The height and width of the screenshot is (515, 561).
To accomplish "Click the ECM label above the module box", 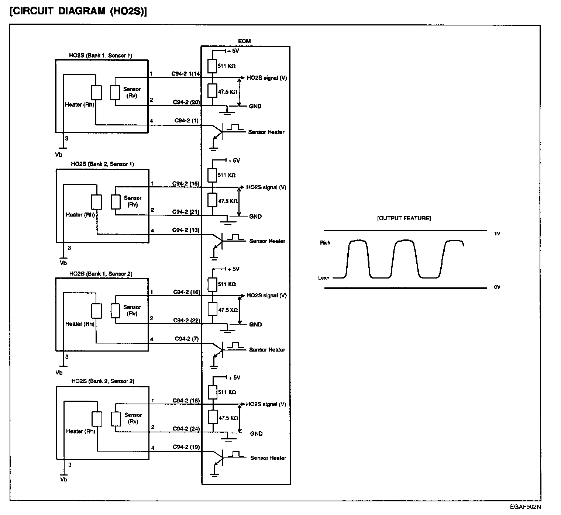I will coord(244,41).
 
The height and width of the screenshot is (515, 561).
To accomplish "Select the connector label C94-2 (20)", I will coord(186,102).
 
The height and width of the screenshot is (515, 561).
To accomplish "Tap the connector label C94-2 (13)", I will coord(186,230).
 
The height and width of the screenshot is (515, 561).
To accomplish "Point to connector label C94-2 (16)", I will coord(186,292).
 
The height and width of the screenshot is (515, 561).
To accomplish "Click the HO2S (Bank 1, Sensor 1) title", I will coord(100,56).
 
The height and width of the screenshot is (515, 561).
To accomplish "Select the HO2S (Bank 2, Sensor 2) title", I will coord(103,381).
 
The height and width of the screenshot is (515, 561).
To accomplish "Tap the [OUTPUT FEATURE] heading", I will coord(404,218).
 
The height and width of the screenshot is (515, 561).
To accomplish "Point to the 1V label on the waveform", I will coord(497,234).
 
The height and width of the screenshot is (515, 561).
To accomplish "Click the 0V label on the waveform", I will coord(497,287).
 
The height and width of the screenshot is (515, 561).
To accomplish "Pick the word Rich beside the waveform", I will coord(325,243).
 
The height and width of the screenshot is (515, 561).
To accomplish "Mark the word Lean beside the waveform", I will coord(324,278).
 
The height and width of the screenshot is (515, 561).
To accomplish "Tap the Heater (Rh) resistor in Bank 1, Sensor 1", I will coord(96,92).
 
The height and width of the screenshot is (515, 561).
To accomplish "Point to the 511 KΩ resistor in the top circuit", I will coord(212,66).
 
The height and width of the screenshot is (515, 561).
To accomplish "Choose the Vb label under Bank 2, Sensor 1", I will coord(63,263).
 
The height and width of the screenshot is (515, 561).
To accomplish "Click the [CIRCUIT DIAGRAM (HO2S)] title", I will coord(78,11).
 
